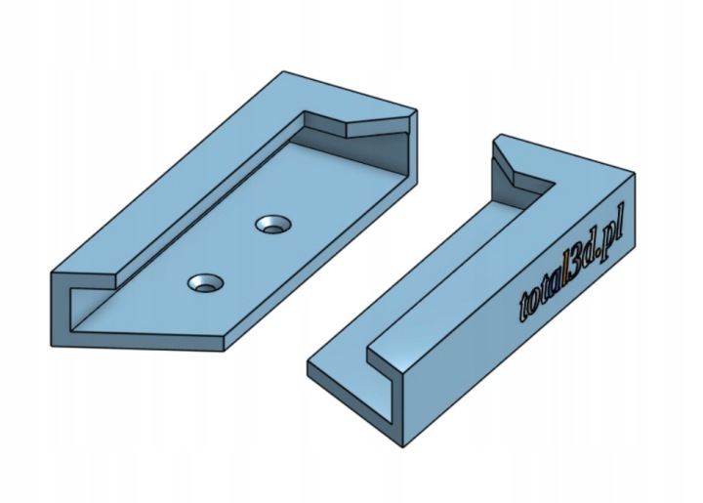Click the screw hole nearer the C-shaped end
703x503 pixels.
(206, 284)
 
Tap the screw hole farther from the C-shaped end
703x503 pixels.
(273, 225)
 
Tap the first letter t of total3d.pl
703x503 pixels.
(524, 309)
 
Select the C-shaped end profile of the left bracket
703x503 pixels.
(61, 310)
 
